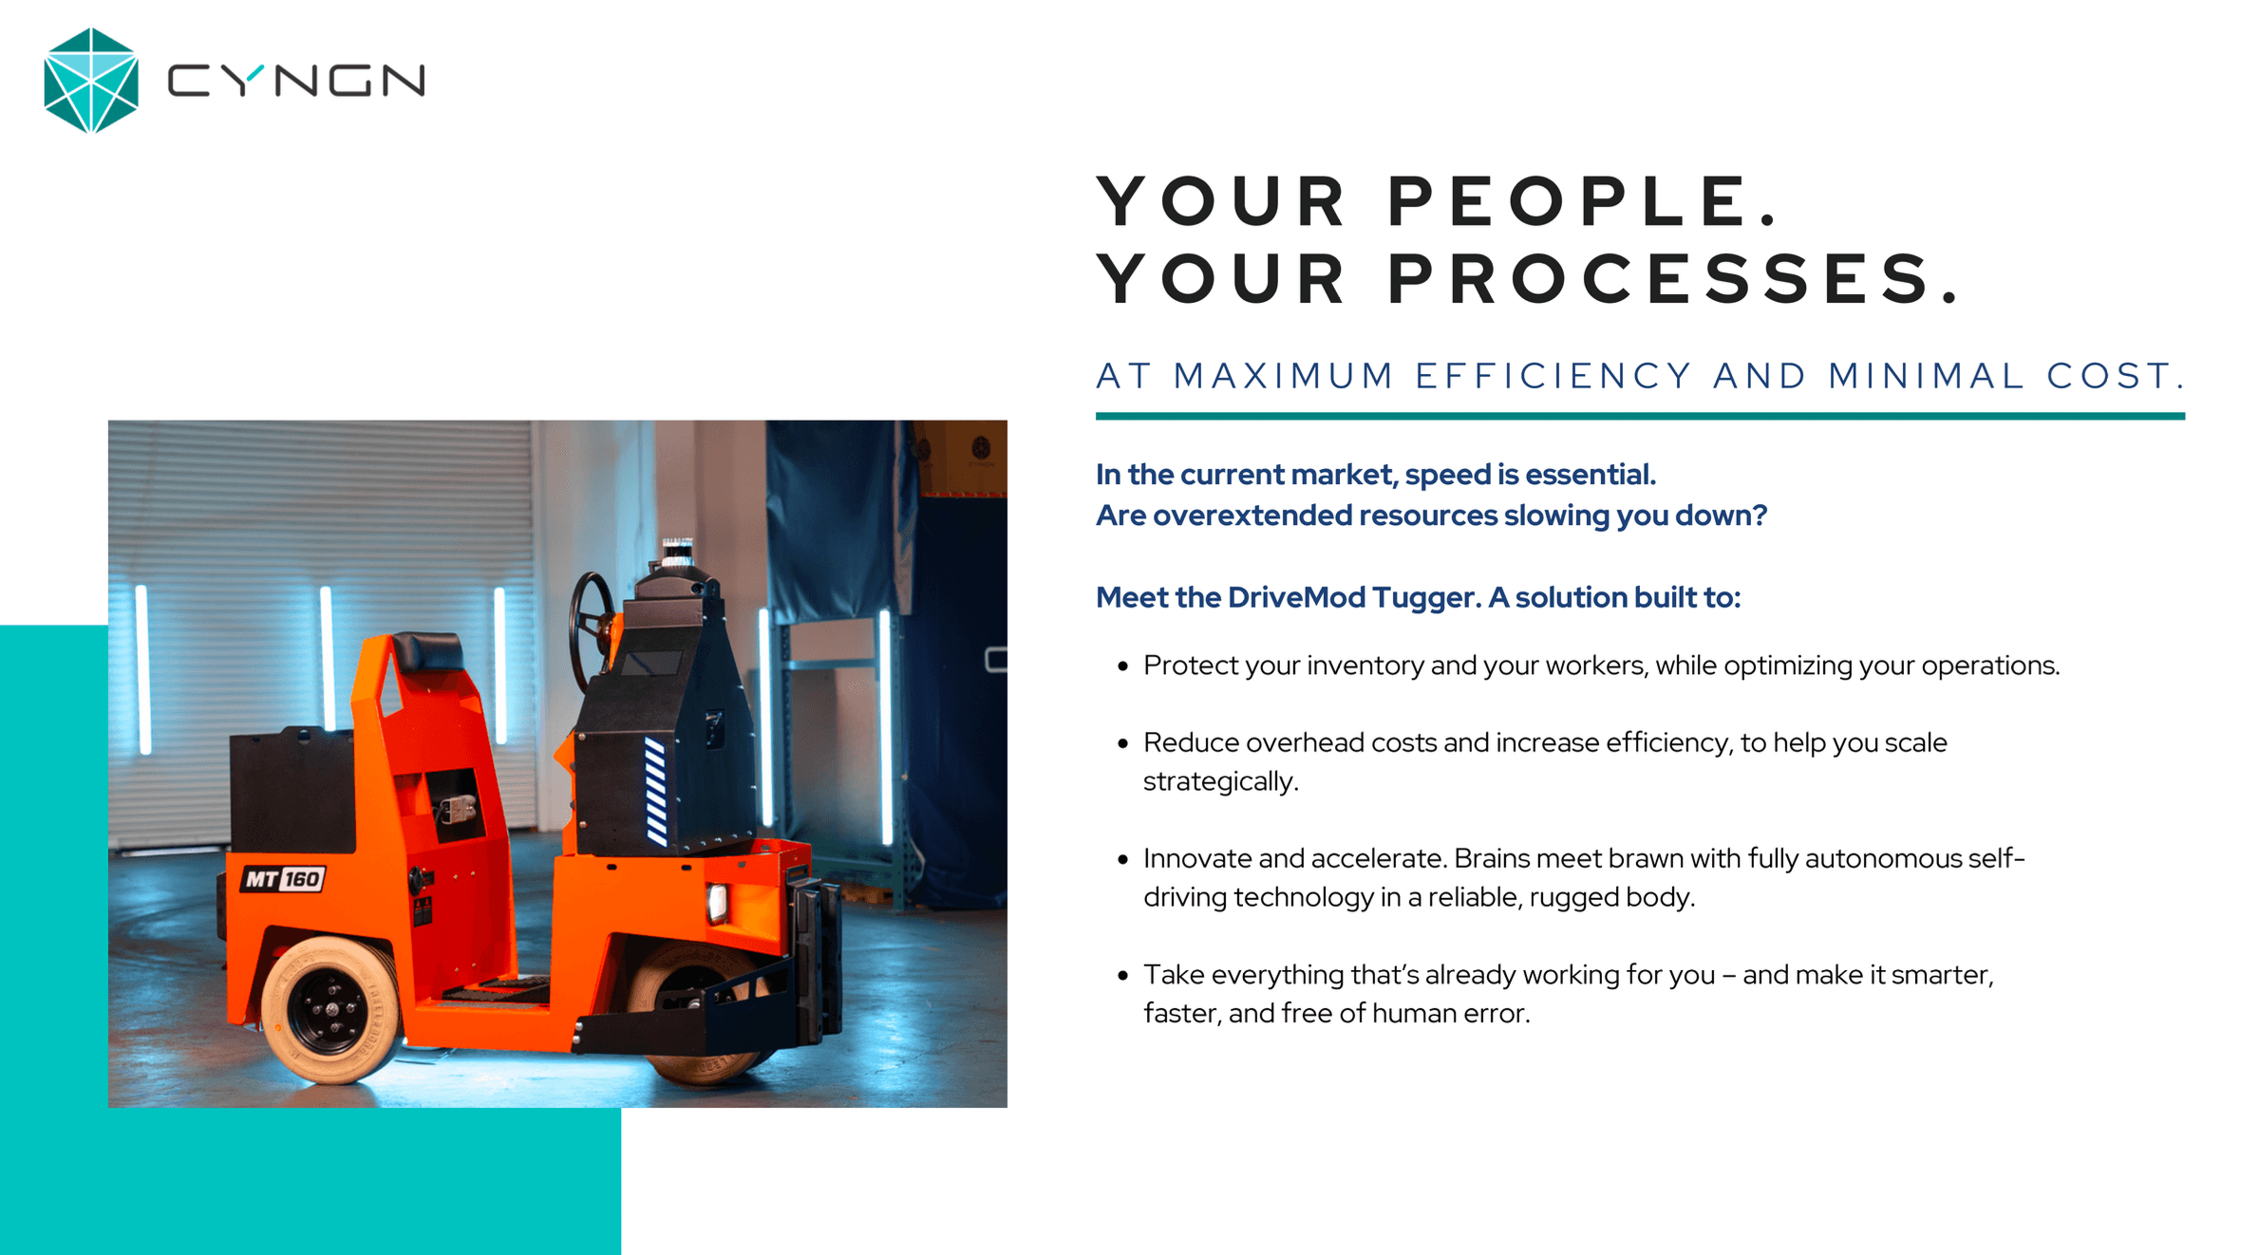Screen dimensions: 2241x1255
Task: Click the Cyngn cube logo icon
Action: click(x=91, y=81)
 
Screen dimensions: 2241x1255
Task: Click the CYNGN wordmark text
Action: click(x=296, y=81)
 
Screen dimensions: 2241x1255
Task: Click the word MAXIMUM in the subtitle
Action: click(x=1284, y=376)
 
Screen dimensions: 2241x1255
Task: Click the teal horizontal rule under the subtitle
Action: click(x=1640, y=416)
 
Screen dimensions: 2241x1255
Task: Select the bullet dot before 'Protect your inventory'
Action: click(x=1123, y=666)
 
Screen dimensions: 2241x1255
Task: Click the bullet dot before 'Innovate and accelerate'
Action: click(x=1123, y=860)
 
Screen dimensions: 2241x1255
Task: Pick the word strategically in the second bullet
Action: click(x=1220, y=782)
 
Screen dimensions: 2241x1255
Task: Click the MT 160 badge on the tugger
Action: click(x=283, y=879)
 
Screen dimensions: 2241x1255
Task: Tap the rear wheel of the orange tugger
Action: click(x=330, y=1010)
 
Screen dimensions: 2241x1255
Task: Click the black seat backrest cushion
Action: click(x=427, y=651)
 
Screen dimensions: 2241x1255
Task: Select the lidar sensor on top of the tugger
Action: click(x=677, y=552)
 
